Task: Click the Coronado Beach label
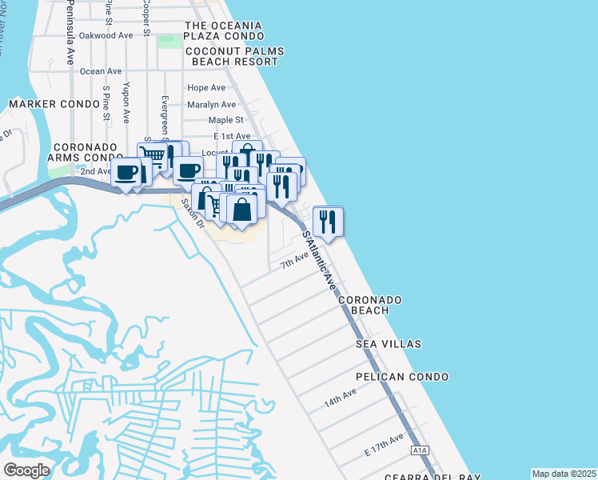click(369, 305)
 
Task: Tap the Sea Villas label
click(389, 344)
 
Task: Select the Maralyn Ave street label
click(211, 105)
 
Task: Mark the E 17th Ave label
click(385, 446)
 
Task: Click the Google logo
click(26, 470)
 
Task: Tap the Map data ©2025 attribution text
click(564, 474)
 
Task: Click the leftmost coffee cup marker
click(126, 172)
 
